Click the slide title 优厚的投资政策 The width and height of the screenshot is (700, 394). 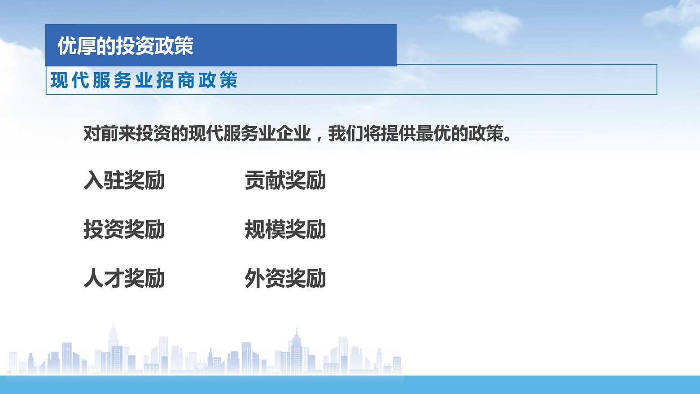click(126, 46)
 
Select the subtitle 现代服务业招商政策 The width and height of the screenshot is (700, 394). click(144, 80)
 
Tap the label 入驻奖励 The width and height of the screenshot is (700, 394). click(124, 180)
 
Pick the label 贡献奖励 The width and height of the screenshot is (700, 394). click(285, 180)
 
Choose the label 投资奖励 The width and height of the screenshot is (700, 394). click(124, 229)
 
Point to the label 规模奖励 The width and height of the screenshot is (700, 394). click(285, 229)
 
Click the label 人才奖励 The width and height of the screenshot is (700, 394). click(124, 278)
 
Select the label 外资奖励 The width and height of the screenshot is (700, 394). click(285, 278)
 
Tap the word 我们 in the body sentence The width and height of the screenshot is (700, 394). click(346, 134)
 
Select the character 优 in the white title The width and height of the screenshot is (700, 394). click(67, 46)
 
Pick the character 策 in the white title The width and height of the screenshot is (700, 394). click(184, 46)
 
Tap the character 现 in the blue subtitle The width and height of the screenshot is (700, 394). click(59, 80)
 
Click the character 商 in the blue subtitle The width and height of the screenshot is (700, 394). click(186, 80)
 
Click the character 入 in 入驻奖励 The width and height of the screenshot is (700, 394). click(94, 180)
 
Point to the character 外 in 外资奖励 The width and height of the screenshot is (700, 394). click(255, 278)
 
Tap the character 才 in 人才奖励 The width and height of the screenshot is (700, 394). click(114, 278)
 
